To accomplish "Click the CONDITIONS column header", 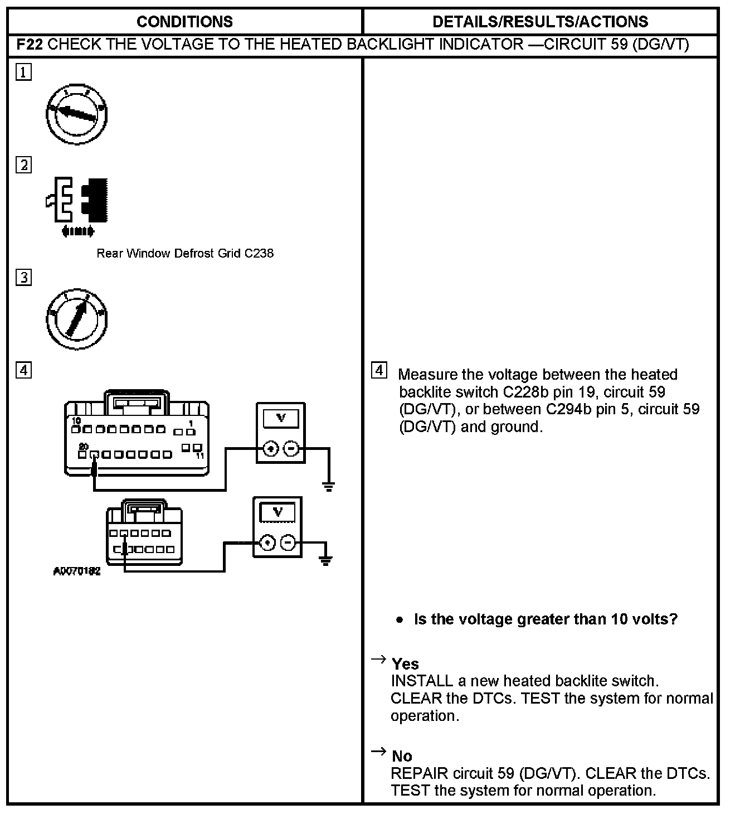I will (184, 22).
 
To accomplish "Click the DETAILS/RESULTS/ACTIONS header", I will (540, 22).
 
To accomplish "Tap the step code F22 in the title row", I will (30, 45).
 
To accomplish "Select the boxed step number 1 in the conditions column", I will (23, 72).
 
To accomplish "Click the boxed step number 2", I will (23, 166).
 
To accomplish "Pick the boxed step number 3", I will (23, 278).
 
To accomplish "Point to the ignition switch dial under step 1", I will (76, 115).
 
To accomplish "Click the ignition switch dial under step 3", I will (76, 319).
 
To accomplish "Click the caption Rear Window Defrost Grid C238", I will (185, 254).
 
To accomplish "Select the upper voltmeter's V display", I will (281, 419).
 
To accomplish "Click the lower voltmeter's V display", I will (277, 512).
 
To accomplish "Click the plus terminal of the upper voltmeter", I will (271, 449).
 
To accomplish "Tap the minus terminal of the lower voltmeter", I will (288, 542).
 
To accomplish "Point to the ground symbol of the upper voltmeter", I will (329, 486).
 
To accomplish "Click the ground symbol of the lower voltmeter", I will (326, 560).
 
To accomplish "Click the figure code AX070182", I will (77, 571).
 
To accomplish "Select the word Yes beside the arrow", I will (405, 664).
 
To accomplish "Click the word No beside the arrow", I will (402, 756).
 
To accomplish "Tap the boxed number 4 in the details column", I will (379, 371).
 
